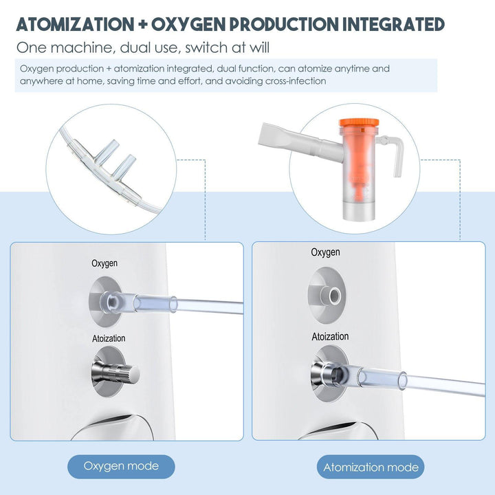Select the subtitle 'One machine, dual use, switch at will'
click(x=143, y=48)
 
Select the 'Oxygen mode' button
click(x=121, y=466)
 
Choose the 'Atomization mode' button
click(x=371, y=467)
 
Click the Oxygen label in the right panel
click(x=325, y=252)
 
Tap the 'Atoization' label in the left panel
click(x=109, y=339)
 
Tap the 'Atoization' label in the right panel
click(x=330, y=337)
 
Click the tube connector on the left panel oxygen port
click(x=113, y=300)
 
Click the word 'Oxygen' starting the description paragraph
click(x=36, y=69)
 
